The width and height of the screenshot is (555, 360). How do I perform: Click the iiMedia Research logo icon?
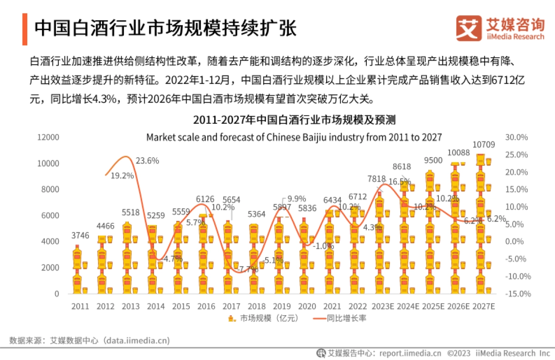pyautogui.click(x=468, y=28)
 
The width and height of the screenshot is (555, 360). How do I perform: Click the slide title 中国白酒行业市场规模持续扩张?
pyautogui.click(x=165, y=28)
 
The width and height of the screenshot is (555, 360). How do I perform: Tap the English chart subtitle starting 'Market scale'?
pyautogui.click(x=294, y=137)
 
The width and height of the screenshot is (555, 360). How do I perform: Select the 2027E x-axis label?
pyautogui.click(x=484, y=306)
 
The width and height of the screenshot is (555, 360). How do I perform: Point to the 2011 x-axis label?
pyautogui.click(x=80, y=306)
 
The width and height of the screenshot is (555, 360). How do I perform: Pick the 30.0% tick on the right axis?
pyautogui.click(x=517, y=137)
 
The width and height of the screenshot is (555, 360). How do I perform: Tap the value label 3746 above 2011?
pyautogui.click(x=80, y=236)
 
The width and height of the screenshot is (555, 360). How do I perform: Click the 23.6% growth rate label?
pyautogui.click(x=147, y=161)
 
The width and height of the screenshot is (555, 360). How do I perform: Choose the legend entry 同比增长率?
pyautogui.click(x=340, y=318)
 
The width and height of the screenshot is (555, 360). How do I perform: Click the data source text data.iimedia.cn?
pyautogui.click(x=136, y=341)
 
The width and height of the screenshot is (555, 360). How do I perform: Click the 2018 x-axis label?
pyautogui.click(x=257, y=306)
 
